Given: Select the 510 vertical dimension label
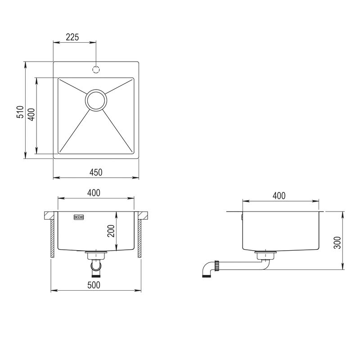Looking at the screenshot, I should pyautogui.click(x=20, y=112).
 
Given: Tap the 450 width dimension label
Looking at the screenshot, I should pyautogui.click(x=96, y=172).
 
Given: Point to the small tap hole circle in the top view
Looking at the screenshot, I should pyautogui.click(x=96, y=69).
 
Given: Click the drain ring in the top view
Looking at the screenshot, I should pyautogui.click(x=96, y=99).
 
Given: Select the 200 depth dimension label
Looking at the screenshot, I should pyautogui.click(x=112, y=230).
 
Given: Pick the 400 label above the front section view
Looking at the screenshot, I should pyautogui.click(x=93, y=193).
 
